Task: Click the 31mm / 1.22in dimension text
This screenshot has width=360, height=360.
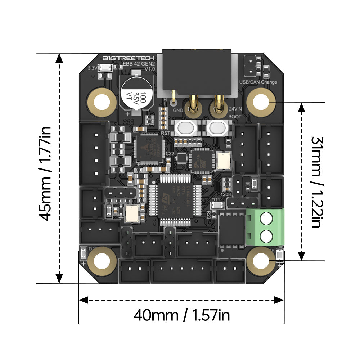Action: [x=315, y=181]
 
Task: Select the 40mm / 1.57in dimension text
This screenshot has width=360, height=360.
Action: [x=182, y=316]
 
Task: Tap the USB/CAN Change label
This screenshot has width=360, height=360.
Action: [x=258, y=82]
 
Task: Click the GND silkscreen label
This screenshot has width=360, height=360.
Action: [x=178, y=110]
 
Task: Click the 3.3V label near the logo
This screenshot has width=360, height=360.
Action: [x=92, y=68]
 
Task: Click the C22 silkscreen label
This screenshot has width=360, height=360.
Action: [x=170, y=153]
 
